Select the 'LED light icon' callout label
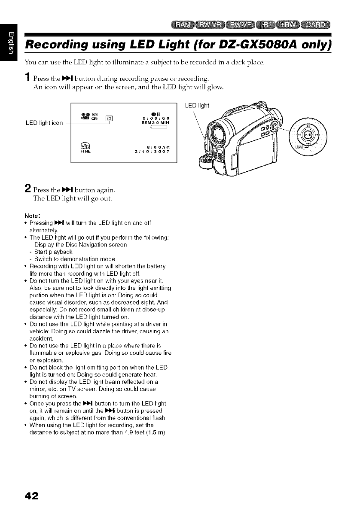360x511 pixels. pos(44,124)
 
